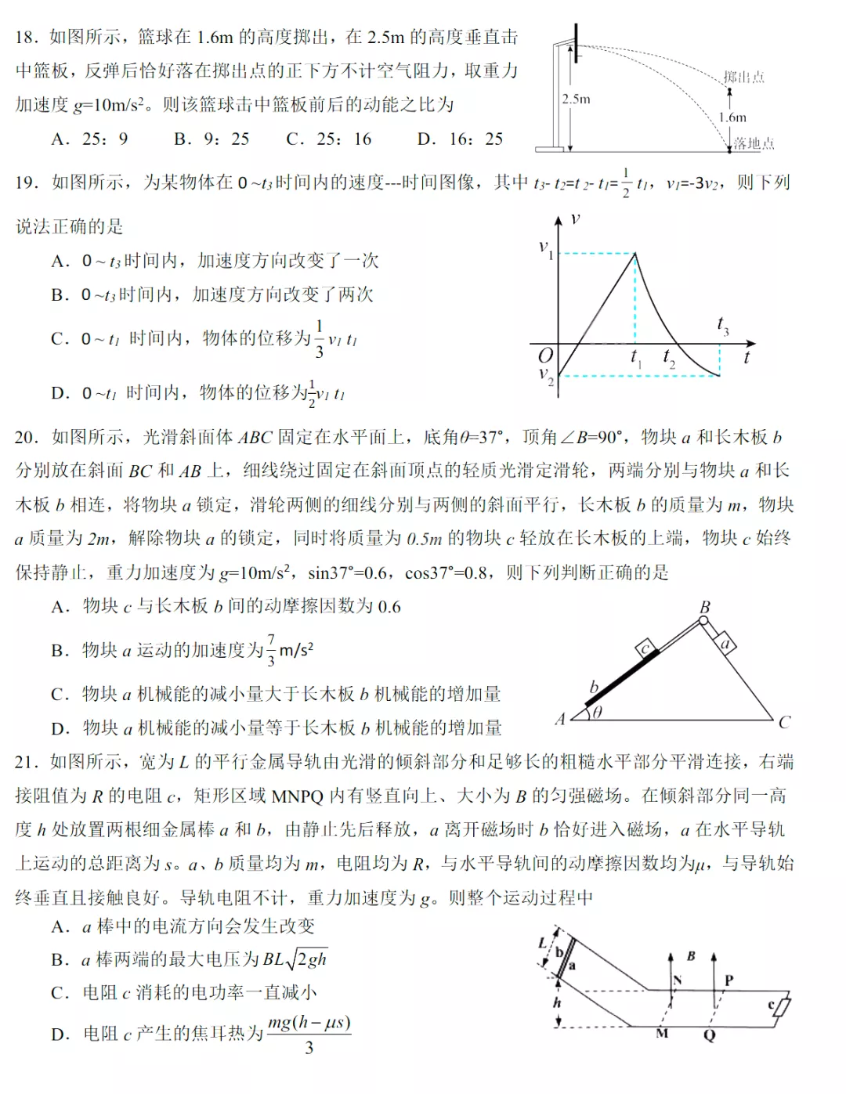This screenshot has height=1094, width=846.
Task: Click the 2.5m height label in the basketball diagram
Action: [576, 99]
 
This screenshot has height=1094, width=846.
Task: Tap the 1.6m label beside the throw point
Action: [732, 117]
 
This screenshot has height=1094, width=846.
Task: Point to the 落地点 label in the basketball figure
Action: [754, 143]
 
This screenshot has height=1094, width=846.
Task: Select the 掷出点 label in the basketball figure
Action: [743, 77]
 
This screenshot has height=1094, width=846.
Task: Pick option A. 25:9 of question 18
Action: [89, 139]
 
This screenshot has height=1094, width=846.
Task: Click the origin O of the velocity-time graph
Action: [545, 356]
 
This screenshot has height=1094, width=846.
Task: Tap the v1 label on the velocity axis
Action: [546, 248]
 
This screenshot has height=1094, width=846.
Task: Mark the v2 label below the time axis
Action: [546, 375]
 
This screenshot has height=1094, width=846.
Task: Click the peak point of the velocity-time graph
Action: [634, 253]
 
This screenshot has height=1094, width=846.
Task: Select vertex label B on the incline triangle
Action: [704, 607]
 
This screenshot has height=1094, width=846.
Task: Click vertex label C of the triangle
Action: [785, 721]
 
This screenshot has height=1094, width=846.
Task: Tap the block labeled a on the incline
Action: [726, 644]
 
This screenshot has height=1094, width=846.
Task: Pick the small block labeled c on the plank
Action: [645, 648]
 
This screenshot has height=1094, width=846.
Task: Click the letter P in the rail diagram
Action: [729, 980]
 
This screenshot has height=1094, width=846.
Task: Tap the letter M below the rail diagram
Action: [662, 1034]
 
